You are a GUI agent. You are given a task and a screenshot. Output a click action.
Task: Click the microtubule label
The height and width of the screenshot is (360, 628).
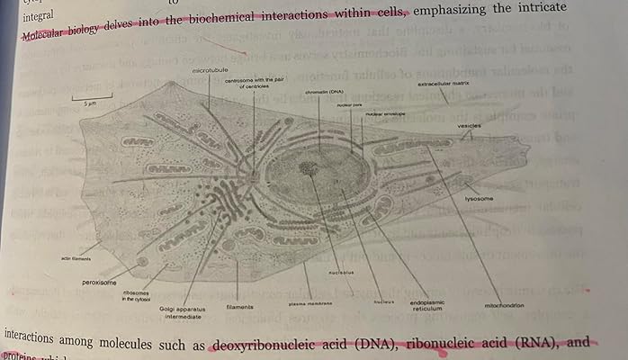pos(207,69)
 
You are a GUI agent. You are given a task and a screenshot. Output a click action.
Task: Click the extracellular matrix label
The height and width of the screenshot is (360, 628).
pos(442,85)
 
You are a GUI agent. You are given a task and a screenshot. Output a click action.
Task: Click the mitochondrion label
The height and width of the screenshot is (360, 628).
pos(505,305)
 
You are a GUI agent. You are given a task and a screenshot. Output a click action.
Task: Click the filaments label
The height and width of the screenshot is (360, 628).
pos(240,307)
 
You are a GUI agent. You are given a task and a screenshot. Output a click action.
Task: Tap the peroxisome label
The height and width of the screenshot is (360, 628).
pos(100,282)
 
